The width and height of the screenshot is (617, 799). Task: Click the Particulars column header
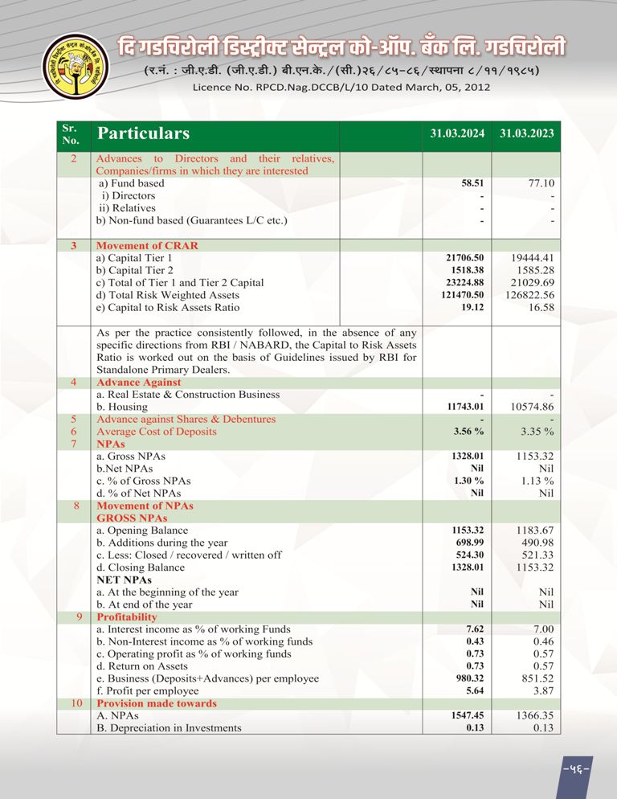point(143,133)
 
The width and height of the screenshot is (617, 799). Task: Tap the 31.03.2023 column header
point(526,134)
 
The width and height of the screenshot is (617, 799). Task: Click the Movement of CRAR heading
point(147,245)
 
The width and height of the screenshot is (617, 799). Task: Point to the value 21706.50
point(466,258)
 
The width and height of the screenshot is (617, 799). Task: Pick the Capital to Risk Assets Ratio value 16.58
point(539,307)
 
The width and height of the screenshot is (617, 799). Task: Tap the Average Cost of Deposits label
point(156,432)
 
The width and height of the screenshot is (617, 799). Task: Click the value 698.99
point(470,543)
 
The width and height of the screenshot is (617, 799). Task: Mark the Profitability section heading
point(127,617)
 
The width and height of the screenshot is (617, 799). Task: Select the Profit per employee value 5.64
point(475,690)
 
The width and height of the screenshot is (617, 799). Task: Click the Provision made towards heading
point(156,703)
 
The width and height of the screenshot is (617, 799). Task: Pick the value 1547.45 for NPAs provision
point(467,715)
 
